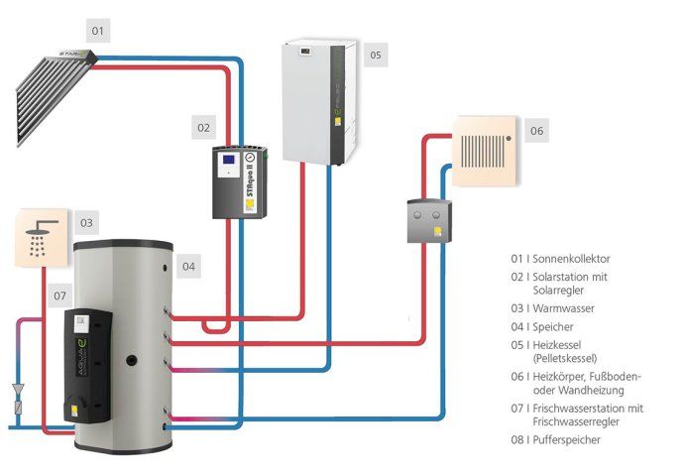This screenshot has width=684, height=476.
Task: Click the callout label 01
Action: point(97,32)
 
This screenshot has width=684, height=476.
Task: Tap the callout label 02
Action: point(203,127)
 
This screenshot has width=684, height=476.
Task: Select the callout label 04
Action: point(188,266)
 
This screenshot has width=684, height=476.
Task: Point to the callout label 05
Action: point(376,56)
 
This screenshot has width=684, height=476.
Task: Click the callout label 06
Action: point(536,130)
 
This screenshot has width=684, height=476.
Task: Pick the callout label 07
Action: point(59,296)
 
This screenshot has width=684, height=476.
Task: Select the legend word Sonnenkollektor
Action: point(565,258)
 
